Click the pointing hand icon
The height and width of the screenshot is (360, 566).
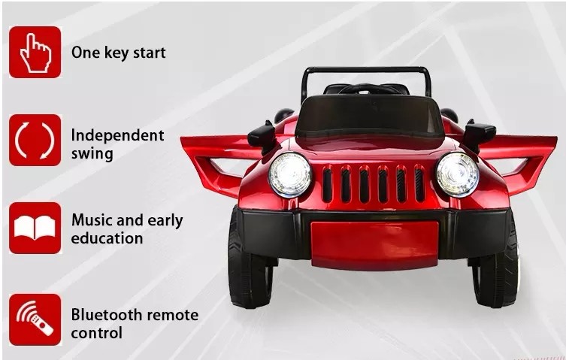click(35, 53)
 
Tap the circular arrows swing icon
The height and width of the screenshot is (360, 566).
click(35, 140)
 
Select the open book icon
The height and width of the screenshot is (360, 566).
click(35, 228)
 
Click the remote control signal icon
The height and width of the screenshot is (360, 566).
click(35, 319)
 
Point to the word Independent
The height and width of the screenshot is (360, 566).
click(118, 135)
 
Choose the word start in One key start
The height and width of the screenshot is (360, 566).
click(150, 53)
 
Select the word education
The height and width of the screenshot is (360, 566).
click(107, 238)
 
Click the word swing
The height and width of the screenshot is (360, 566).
click(92, 154)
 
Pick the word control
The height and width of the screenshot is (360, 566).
click(97, 332)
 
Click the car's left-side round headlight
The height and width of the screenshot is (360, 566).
click(290, 174)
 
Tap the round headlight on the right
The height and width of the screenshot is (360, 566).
click(458, 174)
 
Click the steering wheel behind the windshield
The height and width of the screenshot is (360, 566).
click(365, 89)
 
